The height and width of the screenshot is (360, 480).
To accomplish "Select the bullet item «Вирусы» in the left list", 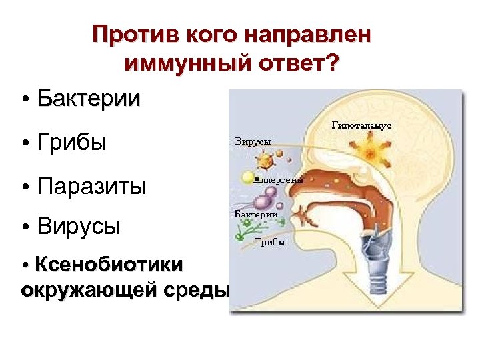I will point(78,227).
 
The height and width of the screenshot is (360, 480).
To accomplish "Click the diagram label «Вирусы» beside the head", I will point(253,142).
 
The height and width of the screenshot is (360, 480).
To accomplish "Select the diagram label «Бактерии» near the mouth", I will point(256,214).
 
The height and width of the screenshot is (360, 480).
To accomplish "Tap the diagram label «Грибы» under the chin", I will point(270,242).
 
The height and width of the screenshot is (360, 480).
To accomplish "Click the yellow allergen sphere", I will point(248,178).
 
